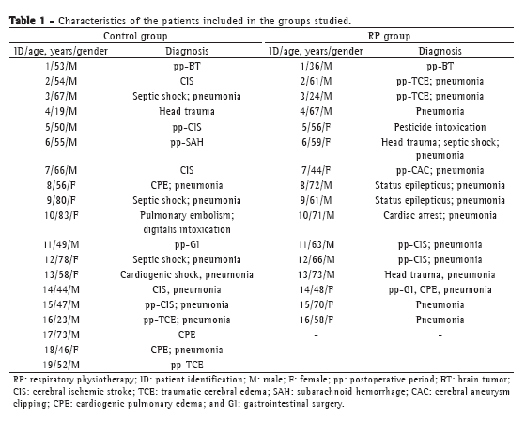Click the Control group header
click(135, 36)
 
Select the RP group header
click(389, 36)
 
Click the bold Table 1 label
click(27, 21)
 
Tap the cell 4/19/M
click(61, 111)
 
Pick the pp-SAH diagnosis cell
click(187, 142)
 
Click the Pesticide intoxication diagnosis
click(440, 127)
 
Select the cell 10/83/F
click(61, 215)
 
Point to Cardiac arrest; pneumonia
click(440, 215)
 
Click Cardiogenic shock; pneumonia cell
click(187, 274)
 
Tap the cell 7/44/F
click(317, 170)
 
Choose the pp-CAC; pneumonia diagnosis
click(440, 170)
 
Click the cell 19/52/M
click(61, 365)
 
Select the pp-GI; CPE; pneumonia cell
click(440, 289)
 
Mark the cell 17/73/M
click(61, 335)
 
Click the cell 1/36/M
click(317, 66)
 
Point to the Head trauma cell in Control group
click(187, 111)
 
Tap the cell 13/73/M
click(317, 274)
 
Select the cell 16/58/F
click(317, 320)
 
